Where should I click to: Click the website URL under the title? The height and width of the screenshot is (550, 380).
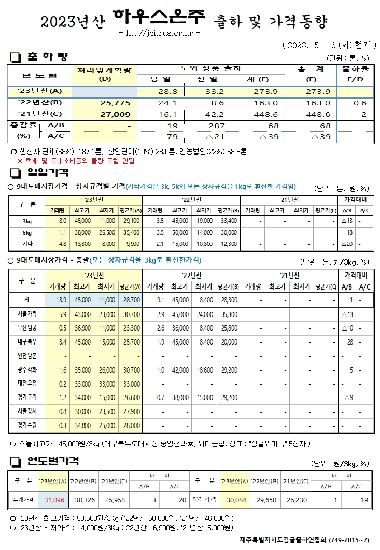[159, 33]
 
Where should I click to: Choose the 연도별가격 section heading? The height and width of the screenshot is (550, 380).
[50, 460]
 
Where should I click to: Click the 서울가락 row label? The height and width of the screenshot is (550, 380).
[27, 314]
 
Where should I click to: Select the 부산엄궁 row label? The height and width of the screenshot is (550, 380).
[27, 328]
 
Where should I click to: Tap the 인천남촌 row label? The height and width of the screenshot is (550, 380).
[27, 356]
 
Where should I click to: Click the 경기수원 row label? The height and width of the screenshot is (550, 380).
[27, 425]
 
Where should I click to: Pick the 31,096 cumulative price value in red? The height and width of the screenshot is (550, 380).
[54, 499]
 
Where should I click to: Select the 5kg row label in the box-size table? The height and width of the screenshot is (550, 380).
[27, 232]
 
